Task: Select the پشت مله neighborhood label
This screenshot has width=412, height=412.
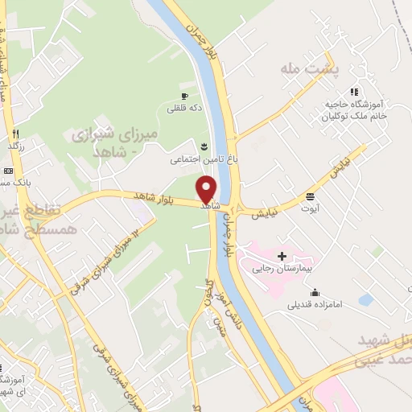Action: pyautogui.click(x=309, y=71)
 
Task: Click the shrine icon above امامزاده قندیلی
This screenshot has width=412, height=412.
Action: pyautogui.click(x=315, y=292)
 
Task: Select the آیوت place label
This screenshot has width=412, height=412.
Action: pyautogui.click(x=310, y=208)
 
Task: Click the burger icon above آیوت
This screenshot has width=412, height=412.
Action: pyautogui.click(x=310, y=196)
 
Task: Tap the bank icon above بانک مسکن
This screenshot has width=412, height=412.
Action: pyautogui.click(x=8, y=171)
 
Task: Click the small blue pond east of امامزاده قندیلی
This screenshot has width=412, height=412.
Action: pyautogui.click(x=366, y=299)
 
